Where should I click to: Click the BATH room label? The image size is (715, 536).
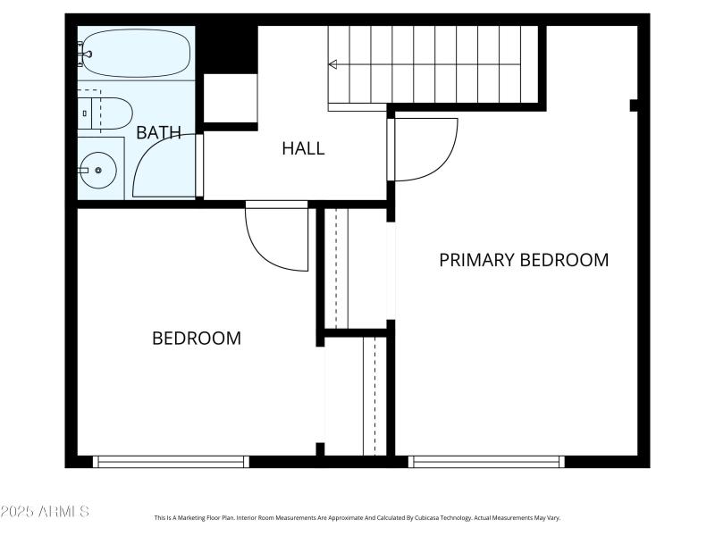[158, 133]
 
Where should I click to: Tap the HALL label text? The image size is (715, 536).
[303, 148]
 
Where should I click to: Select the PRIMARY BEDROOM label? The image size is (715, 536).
[524, 260]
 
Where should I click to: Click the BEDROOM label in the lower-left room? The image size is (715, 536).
[196, 339]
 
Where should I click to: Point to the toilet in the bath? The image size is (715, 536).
[107, 113]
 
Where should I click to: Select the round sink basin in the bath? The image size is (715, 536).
[97, 168]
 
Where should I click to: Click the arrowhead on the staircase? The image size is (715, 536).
[333, 64]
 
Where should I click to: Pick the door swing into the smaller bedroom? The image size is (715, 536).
[278, 236]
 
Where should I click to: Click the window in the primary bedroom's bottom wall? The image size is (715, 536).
[486, 462]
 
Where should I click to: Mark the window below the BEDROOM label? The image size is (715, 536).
[171, 462]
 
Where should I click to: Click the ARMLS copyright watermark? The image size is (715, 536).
[45, 511]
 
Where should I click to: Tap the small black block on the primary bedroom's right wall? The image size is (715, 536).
[634, 105]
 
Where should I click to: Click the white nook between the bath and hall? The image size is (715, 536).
[231, 98]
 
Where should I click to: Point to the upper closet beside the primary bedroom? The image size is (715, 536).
[355, 268]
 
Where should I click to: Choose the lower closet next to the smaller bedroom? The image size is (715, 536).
[355, 395]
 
